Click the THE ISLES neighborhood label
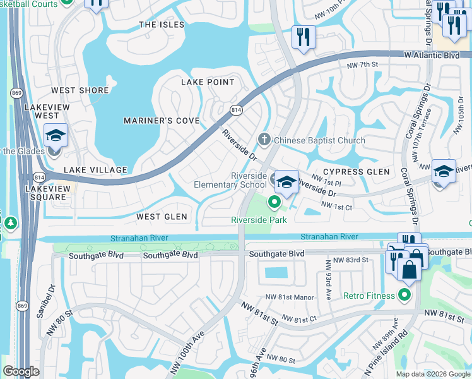pos(162,25)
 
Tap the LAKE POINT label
pos(208,82)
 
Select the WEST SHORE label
pos(80,90)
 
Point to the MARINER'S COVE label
pos(162,121)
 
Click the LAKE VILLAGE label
pos(95,170)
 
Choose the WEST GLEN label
pos(162,217)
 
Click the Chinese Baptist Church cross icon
pos(263,138)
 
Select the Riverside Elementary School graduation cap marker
pos(287,182)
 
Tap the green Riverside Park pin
pos(274,202)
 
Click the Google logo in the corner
pos(21,371)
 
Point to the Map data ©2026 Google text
pos(432,374)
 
